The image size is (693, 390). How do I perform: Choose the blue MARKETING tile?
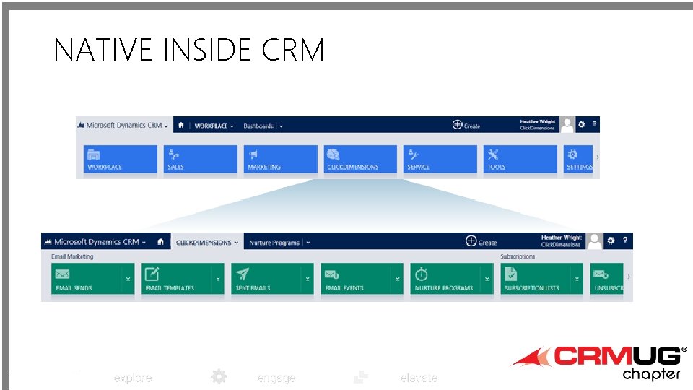pos(281,159)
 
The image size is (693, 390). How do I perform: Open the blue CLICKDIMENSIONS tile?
pos(361,159)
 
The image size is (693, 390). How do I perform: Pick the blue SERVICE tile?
pos(440,159)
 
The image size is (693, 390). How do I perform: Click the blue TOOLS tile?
pos(520,159)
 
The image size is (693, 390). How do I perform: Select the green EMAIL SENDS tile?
pos(87,279)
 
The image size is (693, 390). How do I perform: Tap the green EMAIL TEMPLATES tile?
pos(178,279)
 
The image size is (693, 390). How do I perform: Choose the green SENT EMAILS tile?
pos(267,279)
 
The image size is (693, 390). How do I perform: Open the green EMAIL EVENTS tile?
pos(357,279)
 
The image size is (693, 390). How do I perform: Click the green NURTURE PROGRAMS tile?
pos(447,279)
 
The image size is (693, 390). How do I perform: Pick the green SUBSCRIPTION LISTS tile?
pos(536,279)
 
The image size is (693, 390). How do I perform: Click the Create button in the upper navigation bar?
pos(466,125)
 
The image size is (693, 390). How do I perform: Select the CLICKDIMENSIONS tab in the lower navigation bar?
pos(206,243)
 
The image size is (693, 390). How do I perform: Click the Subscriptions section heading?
pos(518,256)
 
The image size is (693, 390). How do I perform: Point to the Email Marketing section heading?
pos(72,256)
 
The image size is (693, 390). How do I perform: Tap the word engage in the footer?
pos(276,378)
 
